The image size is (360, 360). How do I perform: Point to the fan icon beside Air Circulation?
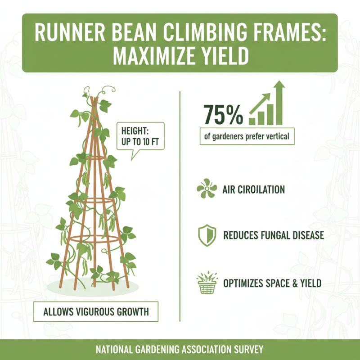[207, 189]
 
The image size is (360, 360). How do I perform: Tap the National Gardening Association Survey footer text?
[180, 350]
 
